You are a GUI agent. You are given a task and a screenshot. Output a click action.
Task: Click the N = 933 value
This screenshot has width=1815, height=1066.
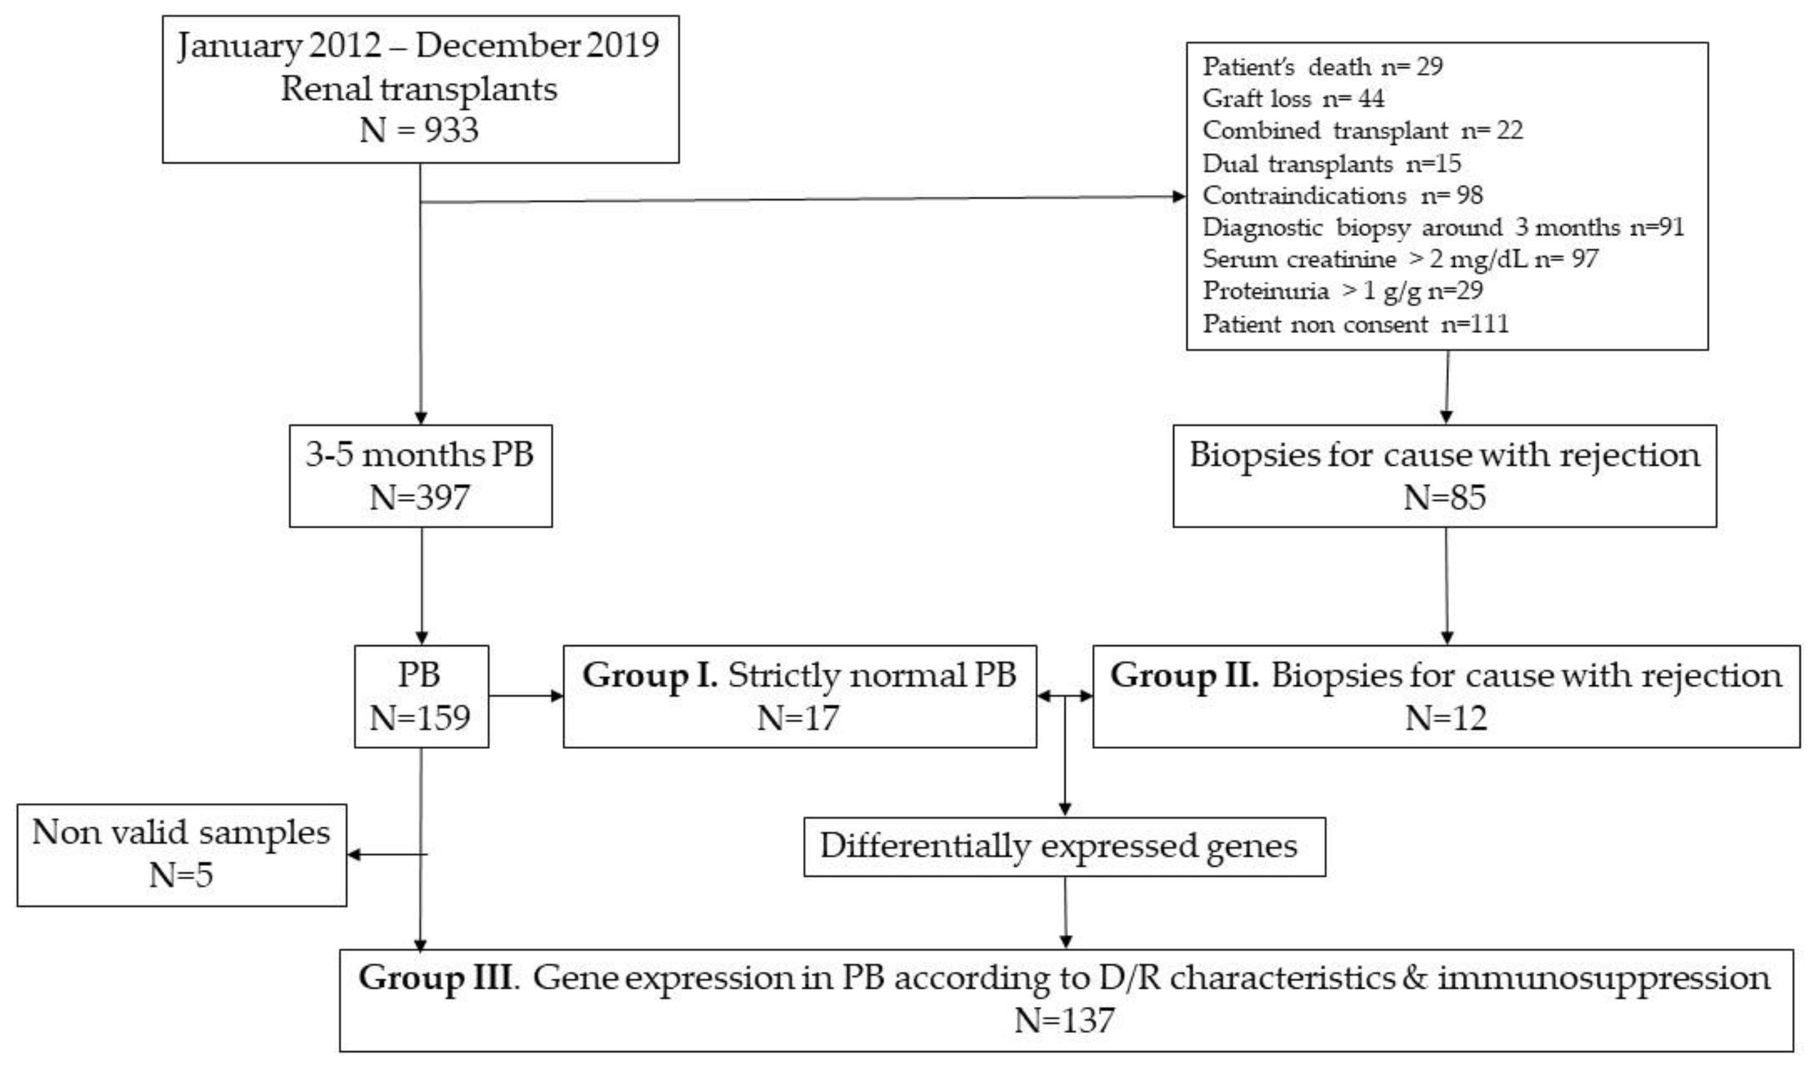pyautogui.click(x=419, y=130)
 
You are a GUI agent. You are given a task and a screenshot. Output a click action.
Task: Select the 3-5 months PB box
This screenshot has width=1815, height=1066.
pyautogui.click(x=421, y=475)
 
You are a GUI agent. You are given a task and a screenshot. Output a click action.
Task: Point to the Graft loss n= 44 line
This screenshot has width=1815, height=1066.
pyautogui.click(x=1293, y=98)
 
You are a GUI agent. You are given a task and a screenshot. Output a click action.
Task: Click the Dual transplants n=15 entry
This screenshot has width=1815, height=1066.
pyautogui.click(x=1331, y=163)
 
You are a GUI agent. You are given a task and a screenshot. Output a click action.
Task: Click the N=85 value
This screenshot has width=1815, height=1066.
pyautogui.click(x=1444, y=497)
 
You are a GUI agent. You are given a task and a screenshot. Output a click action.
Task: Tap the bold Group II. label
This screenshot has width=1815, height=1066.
pyautogui.click(x=1184, y=675)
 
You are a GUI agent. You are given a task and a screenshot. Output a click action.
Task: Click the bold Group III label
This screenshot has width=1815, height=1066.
pyautogui.click(x=436, y=978)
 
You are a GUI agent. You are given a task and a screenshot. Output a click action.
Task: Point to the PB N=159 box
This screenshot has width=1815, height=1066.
pyautogui.click(x=421, y=696)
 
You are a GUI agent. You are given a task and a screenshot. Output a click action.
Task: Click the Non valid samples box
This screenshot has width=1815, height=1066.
pyautogui.click(x=182, y=854)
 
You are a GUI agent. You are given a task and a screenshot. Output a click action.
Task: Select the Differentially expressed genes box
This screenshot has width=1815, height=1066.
pyautogui.click(x=1064, y=846)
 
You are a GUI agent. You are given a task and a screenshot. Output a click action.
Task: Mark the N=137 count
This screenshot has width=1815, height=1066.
pyautogui.click(x=1064, y=1020)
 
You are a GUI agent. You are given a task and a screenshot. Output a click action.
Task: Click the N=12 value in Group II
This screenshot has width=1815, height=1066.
pyautogui.click(x=1445, y=718)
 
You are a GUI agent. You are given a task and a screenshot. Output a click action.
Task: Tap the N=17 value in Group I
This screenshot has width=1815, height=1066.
pyautogui.click(x=798, y=718)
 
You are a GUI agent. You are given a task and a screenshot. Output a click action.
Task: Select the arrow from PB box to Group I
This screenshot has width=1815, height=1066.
pyautogui.click(x=526, y=696)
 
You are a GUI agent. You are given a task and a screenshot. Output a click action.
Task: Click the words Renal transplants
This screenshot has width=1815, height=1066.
pyautogui.click(x=419, y=88)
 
